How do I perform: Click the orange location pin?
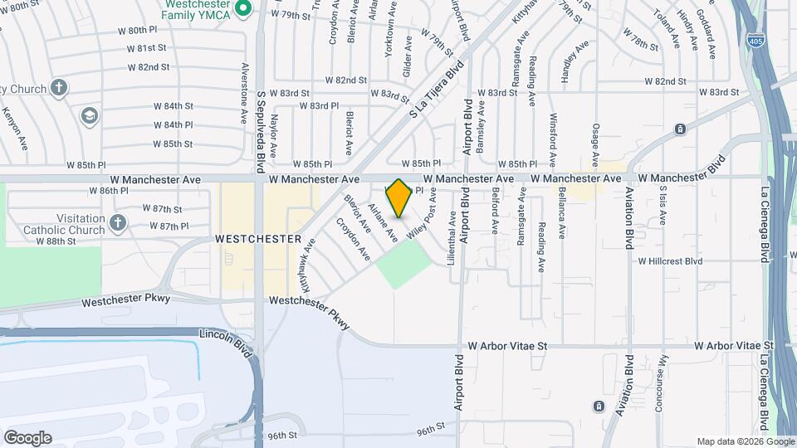click(399, 198)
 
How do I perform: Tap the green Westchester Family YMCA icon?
click(243, 10)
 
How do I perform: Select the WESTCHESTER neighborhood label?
click(257, 239)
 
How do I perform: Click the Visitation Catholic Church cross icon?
click(118, 222)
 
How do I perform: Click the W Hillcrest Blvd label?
click(670, 261)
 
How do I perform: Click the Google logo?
click(27, 438)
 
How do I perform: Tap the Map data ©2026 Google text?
click(745, 441)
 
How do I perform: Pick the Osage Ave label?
click(595, 143)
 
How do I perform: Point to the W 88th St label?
click(56, 241)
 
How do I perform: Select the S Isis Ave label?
click(663, 206)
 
